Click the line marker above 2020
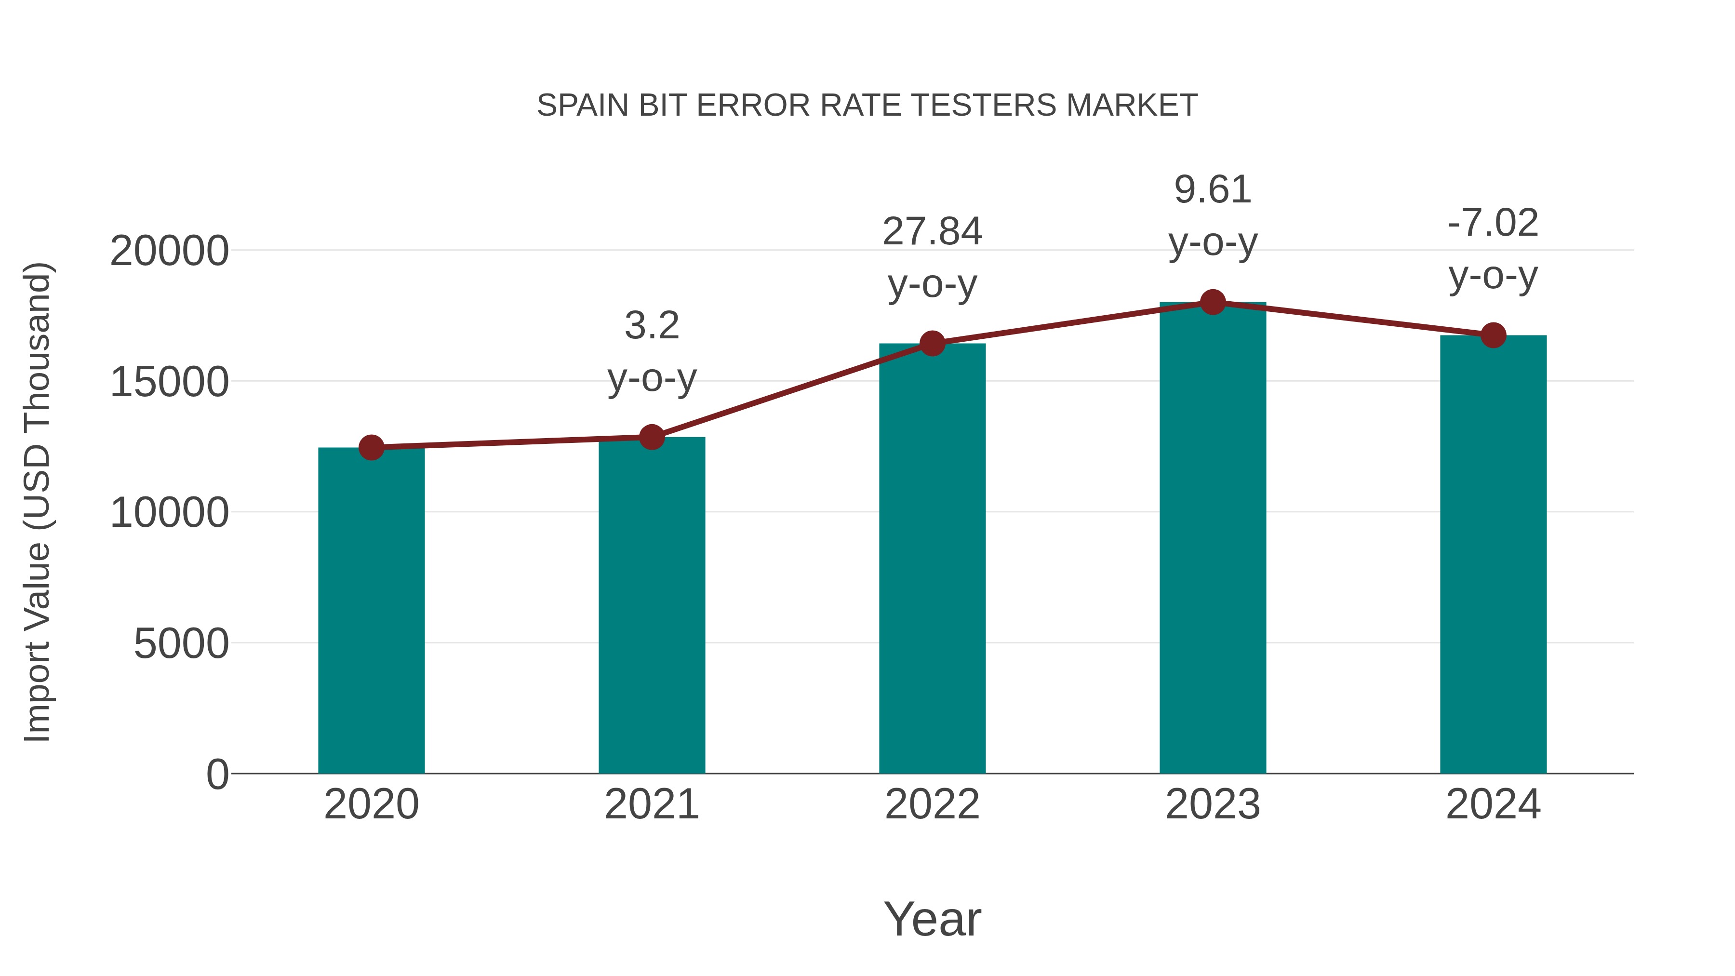tap(371, 447)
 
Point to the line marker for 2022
tap(932, 344)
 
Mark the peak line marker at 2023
tap(1213, 302)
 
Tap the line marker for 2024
tap(1493, 335)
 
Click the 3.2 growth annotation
tap(651, 326)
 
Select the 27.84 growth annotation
tap(932, 232)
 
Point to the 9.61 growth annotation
tap(1213, 190)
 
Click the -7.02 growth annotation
tap(1493, 223)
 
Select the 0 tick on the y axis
tap(217, 774)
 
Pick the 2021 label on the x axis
tap(651, 804)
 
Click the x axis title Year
tap(932, 919)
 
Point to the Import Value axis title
tap(38, 502)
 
